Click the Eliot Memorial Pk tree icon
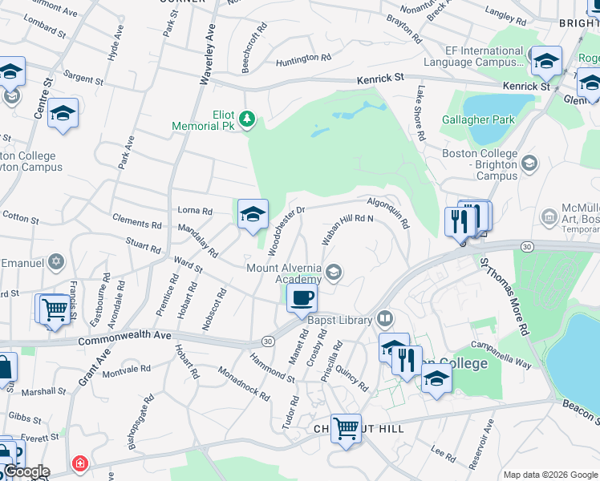(248, 119)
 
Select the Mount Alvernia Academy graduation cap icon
(334, 273)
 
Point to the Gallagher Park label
(478, 120)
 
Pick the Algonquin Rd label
(389, 212)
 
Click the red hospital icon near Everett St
(79, 463)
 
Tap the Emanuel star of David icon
(56, 261)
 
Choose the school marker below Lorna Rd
(253, 214)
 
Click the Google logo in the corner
(26, 471)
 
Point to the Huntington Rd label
(303, 59)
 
